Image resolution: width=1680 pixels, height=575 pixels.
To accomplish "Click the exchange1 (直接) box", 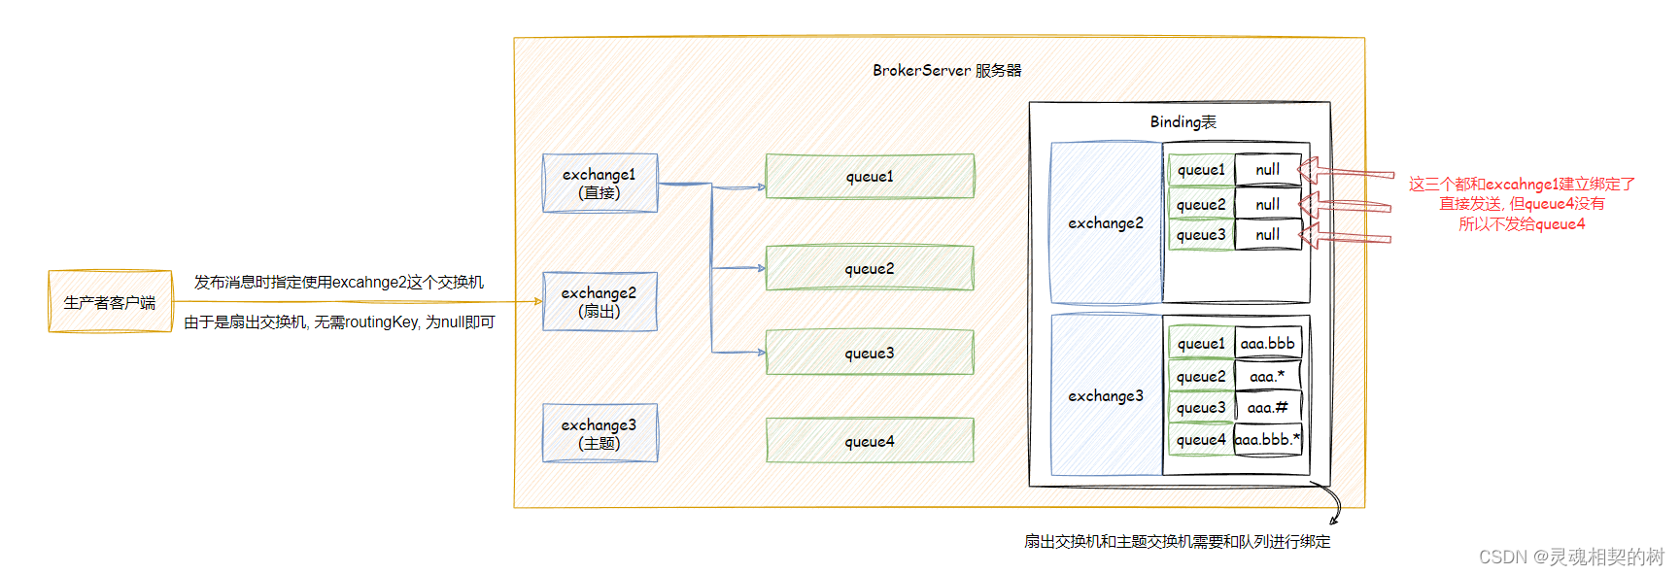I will [600, 183].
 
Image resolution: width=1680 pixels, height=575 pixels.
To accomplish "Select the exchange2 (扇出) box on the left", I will [600, 301].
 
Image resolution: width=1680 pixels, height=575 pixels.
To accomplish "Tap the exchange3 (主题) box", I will [600, 433].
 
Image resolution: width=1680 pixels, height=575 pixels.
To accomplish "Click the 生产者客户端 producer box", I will [110, 302].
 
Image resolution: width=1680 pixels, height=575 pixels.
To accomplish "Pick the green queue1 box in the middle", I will [870, 176].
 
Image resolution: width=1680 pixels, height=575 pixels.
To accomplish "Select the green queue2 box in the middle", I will [870, 268].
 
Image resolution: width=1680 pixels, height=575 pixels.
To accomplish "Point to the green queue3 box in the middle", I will [870, 353].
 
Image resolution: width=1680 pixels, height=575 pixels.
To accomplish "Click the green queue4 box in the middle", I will [870, 441].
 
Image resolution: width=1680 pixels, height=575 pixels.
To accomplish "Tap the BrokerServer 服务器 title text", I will [946, 70].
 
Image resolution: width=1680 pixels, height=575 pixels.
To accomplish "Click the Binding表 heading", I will [1183, 121].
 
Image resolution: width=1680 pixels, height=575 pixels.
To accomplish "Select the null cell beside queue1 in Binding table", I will [1267, 169].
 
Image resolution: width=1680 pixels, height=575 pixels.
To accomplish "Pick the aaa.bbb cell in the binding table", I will [1267, 343].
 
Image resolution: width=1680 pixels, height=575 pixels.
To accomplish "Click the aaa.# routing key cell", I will [1267, 408].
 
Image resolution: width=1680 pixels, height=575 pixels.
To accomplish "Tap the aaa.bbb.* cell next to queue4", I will [1267, 439].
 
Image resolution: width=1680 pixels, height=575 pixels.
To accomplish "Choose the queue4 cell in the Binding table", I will [1201, 440].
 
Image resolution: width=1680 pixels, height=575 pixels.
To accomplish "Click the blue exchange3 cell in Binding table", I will [1106, 395].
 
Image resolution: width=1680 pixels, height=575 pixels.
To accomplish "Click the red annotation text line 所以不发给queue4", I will [1521, 223].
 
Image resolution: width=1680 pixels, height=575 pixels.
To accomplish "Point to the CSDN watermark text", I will [1570, 557].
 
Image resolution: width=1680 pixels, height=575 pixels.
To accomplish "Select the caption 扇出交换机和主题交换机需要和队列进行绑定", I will [1177, 541].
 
